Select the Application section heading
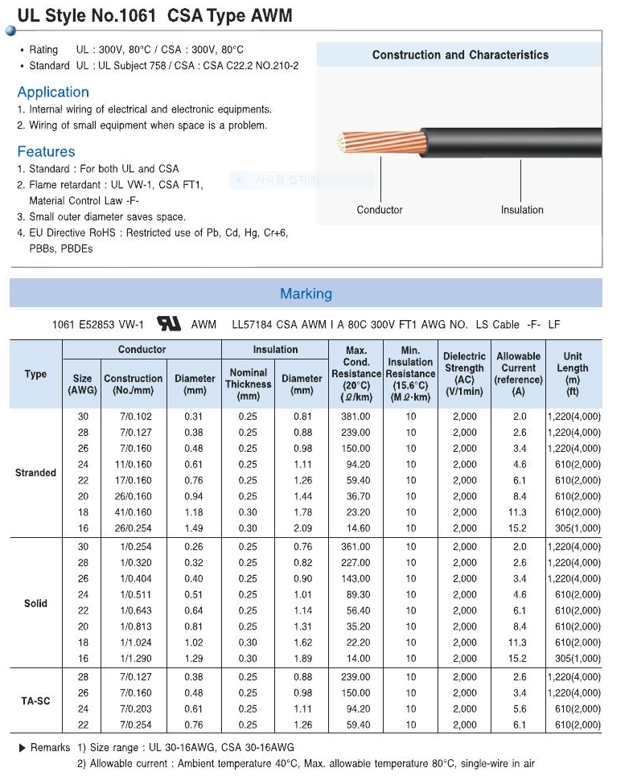pos(53,92)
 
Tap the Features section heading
pos(46,152)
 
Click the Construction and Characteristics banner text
pos(460,55)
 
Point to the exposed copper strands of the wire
pos(353,146)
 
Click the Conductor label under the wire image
pos(380,210)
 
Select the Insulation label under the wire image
pos(522,210)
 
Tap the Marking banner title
pos(306,294)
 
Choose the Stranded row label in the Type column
pos(35,473)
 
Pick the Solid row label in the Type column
pos(35,603)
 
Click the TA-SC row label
pos(35,701)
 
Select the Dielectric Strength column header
pos(464,374)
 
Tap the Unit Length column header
pos(573,374)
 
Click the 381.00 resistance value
pos(356,417)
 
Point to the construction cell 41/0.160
pos(133,512)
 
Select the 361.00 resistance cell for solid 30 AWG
pos(356,547)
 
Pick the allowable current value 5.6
pos(519,709)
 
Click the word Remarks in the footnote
pos(50,748)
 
